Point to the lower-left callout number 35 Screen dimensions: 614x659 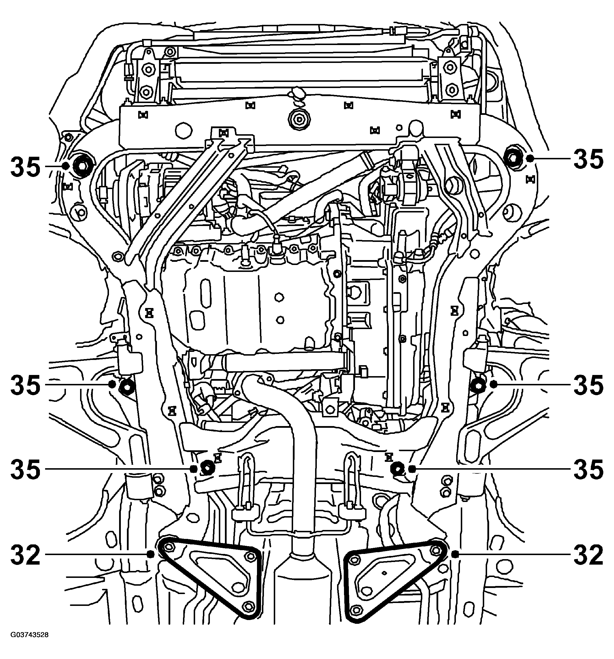click(25, 469)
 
